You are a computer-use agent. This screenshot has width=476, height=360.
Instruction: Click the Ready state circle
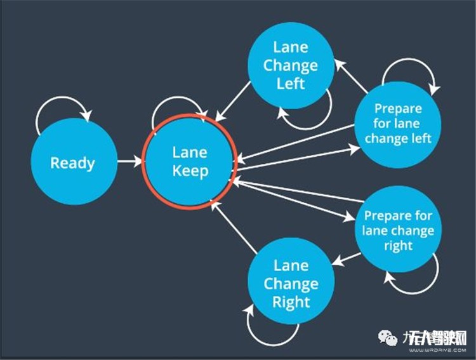tap(74, 163)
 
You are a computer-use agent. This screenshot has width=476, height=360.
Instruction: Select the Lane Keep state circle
tap(190, 161)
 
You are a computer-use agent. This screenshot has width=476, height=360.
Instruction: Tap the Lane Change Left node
tap(291, 65)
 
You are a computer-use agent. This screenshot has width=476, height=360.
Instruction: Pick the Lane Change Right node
tap(291, 283)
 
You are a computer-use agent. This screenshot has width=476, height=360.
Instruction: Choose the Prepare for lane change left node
tap(398, 123)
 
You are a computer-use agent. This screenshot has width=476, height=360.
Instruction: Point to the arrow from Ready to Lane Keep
tap(130, 161)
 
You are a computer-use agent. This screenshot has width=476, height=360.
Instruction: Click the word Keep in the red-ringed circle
tap(190, 171)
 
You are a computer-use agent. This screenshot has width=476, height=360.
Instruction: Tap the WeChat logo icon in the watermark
tap(389, 337)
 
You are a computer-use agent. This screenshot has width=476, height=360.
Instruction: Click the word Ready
tap(72, 163)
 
